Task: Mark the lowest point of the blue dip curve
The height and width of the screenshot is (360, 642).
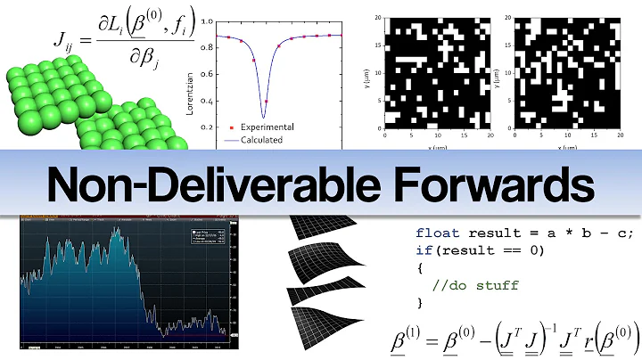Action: click(x=264, y=117)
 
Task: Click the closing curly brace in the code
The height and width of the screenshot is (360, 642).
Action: click(x=420, y=303)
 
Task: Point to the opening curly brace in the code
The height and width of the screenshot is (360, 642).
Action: click(x=420, y=267)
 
